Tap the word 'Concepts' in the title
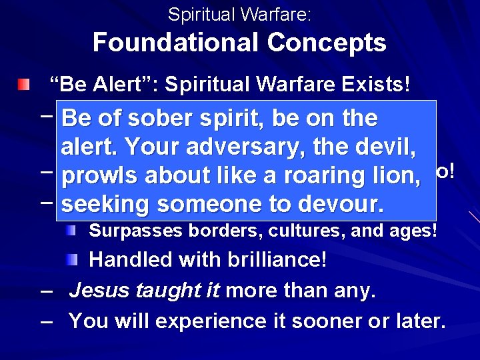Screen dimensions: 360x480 [327, 43]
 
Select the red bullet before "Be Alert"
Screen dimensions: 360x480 [24, 85]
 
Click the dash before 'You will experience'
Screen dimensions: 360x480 [46, 321]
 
